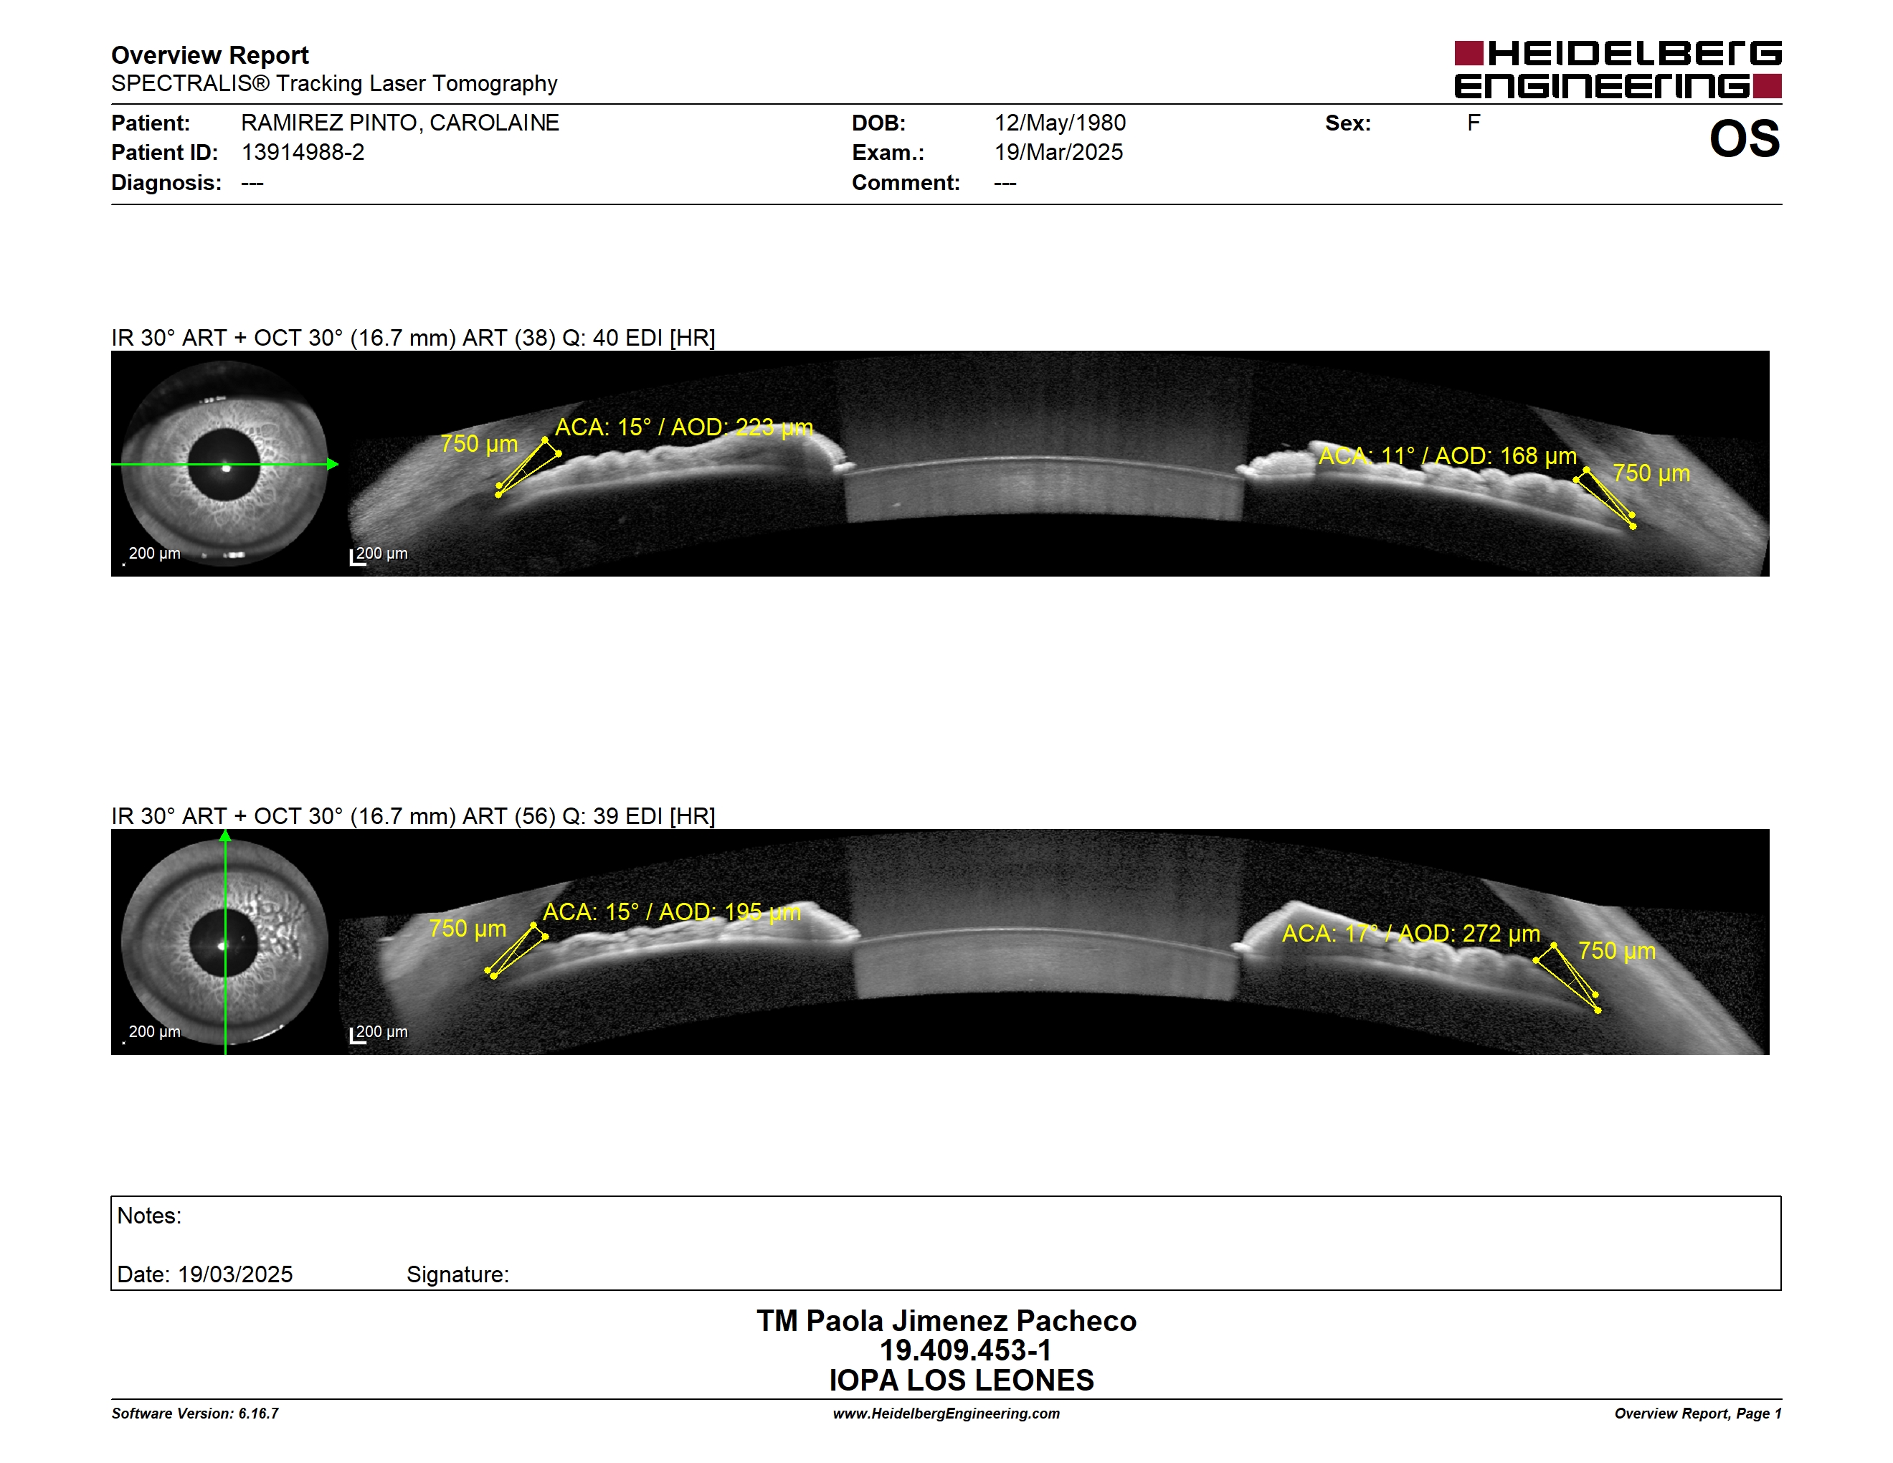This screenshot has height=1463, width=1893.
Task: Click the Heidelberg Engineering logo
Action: click(1618, 70)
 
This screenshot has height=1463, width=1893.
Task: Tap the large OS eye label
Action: click(1744, 138)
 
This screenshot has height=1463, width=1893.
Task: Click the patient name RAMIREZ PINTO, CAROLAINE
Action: click(399, 123)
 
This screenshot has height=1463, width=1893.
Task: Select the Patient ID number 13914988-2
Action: click(303, 153)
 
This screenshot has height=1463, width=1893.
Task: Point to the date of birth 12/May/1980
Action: click(1059, 123)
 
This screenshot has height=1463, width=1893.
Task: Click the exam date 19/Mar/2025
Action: click(1058, 153)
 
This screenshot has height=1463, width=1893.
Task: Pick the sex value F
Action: click(1474, 123)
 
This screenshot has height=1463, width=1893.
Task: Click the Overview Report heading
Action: click(210, 55)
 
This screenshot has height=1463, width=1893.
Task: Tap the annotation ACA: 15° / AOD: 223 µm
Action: click(684, 427)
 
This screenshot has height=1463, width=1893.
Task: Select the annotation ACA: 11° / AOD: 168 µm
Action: click(1448, 456)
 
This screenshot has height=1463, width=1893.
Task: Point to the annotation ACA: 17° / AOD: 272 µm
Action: click(1411, 934)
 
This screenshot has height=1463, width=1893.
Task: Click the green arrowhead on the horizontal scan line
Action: click(333, 465)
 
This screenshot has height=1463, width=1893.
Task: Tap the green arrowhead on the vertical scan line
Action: click(225, 835)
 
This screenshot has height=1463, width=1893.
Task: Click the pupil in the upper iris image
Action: click(224, 465)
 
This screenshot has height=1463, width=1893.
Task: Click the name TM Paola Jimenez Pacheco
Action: click(946, 1321)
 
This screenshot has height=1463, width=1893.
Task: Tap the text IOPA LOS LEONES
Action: click(962, 1380)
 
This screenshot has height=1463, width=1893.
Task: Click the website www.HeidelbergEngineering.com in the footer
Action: click(946, 1414)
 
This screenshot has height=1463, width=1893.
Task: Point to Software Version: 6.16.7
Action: click(195, 1414)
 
